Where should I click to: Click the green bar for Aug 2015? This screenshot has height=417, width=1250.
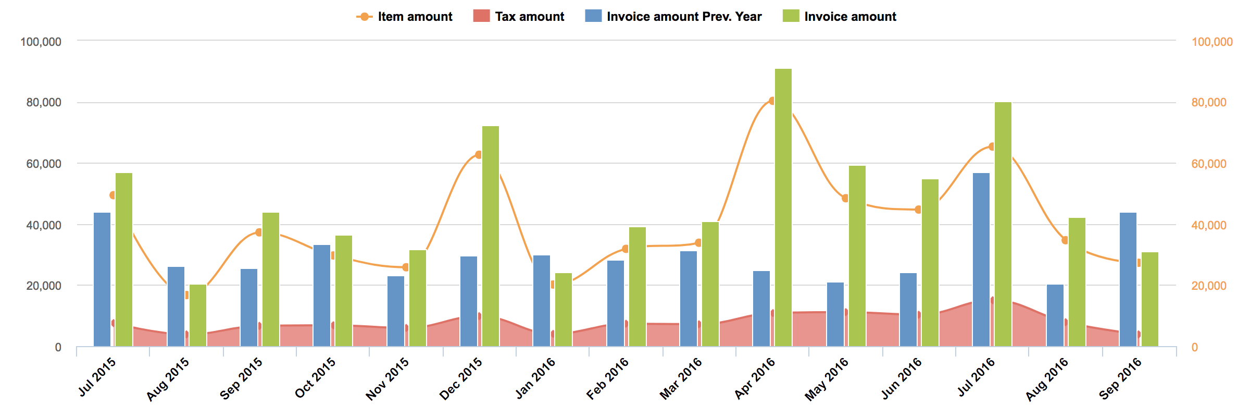point(198,315)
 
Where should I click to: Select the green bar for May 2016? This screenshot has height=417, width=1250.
point(857,256)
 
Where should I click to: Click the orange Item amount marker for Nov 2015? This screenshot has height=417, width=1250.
point(406,267)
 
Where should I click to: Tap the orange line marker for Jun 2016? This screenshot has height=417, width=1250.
point(918,210)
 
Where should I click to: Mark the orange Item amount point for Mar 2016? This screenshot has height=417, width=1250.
point(698,243)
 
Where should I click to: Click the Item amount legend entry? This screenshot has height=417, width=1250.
point(405,17)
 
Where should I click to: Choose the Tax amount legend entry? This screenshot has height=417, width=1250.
point(519,17)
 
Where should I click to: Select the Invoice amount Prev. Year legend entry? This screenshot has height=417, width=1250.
point(673,17)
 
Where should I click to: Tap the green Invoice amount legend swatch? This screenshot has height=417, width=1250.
point(791,16)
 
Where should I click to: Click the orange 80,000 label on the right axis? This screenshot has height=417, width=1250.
point(1209,102)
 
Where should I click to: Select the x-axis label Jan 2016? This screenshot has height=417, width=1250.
point(535,378)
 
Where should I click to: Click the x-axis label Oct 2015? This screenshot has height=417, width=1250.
point(316,378)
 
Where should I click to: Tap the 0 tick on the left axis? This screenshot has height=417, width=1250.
point(58,347)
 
